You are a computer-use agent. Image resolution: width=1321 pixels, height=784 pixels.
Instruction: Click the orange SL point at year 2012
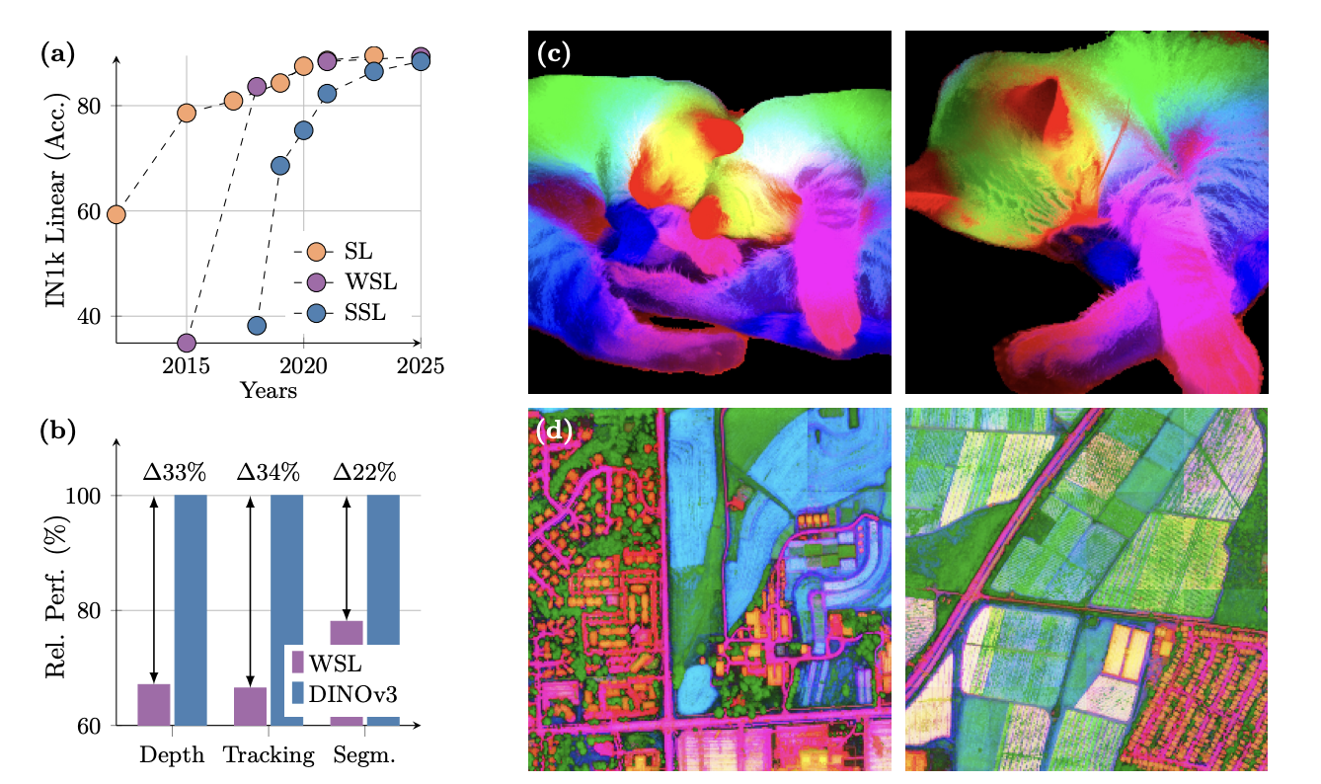[x=116, y=214]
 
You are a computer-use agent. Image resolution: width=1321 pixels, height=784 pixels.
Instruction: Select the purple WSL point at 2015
[x=187, y=343]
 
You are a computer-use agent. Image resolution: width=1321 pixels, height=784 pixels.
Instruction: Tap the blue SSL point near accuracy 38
[x=257, y=326]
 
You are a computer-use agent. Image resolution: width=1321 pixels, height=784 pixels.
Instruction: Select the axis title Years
[x=269, y=391]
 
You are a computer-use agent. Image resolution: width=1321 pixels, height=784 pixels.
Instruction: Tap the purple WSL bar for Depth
[x=153, y=704]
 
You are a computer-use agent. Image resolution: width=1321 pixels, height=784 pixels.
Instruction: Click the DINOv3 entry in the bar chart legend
[x=350, y=695]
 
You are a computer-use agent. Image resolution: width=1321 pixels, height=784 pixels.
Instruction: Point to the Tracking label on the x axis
[x=269, y=756]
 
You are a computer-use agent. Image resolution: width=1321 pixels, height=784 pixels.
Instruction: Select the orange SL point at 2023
[x=373, y=55]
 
